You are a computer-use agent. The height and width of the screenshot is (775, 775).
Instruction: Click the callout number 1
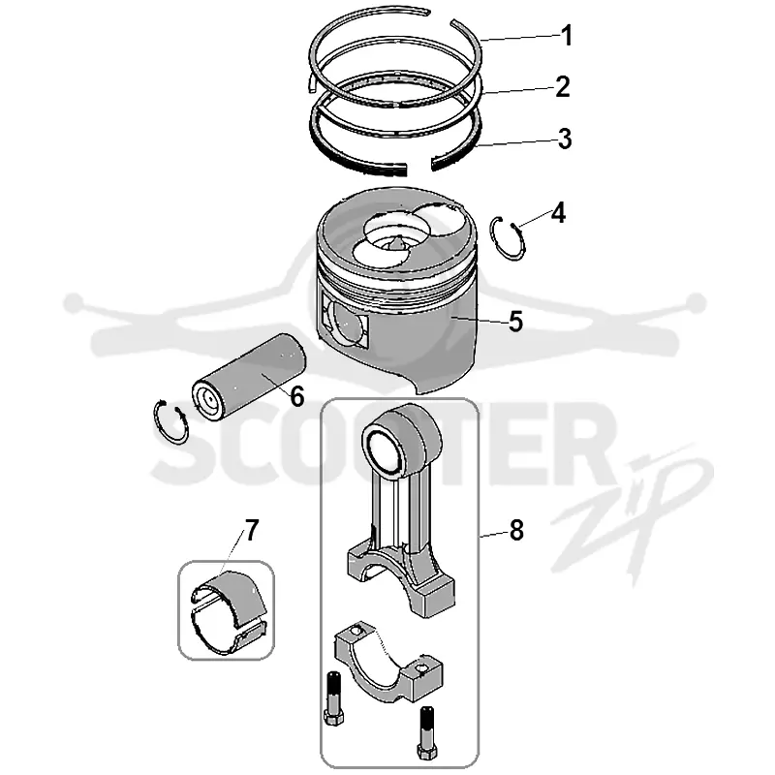pos(567,36)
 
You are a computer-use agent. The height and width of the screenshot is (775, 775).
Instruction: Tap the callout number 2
pos(563,86)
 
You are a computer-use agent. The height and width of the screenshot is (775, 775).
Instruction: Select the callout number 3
pos(565,139)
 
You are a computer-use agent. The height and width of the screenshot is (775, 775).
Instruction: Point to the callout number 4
pos(558,213)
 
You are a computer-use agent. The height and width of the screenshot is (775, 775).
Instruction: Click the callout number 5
pos(515,322)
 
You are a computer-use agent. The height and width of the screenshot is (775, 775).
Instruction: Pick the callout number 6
pos(296,396)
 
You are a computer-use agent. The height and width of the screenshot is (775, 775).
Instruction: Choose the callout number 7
pos(252,530)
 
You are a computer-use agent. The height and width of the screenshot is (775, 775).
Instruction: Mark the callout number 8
pos(516,530)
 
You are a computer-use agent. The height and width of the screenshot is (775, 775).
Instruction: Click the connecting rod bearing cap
pos(388,663)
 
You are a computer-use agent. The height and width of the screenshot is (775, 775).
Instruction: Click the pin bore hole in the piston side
pos(346,324)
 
